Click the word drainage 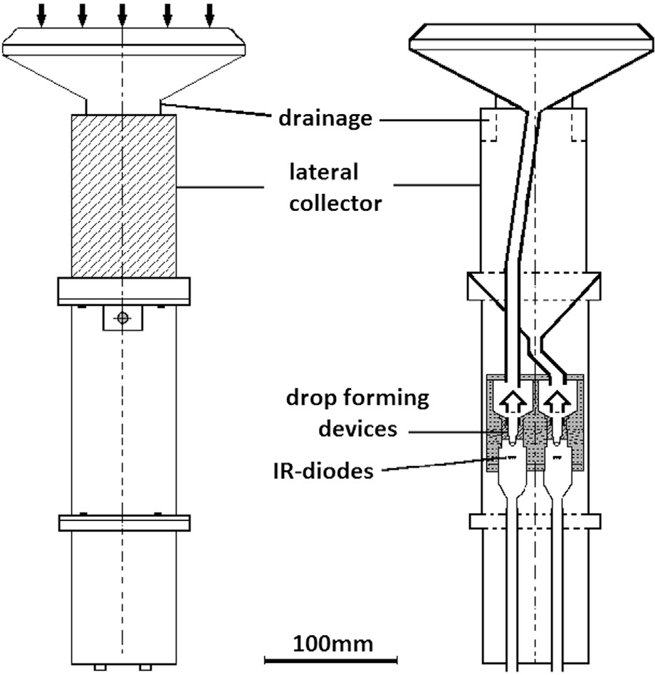coord(325,118)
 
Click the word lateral coord(323,172)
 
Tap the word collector coord(335,203)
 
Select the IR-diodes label coord(323,471)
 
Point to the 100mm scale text coord(333,644)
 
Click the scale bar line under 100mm coord(331,659)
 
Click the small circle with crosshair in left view coord(123,318)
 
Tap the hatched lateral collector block coord(123,196)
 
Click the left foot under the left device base coord(100,667)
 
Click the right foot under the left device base coord(146,667)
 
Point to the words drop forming coord(358,398)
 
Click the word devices coord(358,429)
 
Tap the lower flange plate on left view coord(125,522)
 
